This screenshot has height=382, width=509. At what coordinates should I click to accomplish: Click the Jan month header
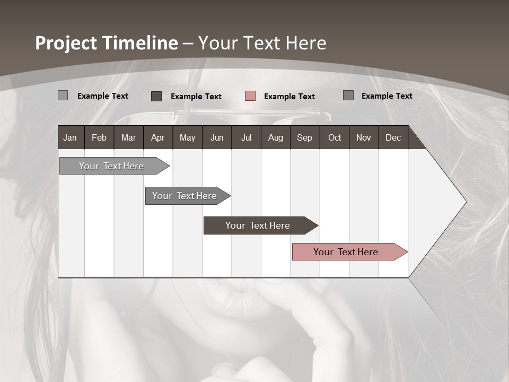(70, 137)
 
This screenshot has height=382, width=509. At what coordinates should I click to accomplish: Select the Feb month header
(99, 137)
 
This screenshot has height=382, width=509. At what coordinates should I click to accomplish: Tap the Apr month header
(158, 137)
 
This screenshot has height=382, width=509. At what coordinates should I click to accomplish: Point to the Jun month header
(217, 137)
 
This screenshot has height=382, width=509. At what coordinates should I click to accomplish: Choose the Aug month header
(276, 137)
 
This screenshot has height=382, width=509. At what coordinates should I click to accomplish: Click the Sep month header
(304, 137)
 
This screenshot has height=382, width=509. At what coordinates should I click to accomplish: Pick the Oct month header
(335, 137)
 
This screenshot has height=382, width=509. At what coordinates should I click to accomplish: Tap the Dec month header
(393, 137)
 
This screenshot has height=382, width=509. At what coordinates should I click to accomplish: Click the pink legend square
(250, 95)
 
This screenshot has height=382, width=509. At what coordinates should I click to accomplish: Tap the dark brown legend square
(156, 96)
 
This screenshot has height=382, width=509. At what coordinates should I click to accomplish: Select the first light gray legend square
(63, 95)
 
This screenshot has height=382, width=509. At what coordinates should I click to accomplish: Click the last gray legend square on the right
(348, 95)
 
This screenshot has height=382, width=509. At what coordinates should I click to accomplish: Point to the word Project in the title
(66, 43)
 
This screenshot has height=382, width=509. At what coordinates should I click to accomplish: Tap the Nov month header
(364, 137)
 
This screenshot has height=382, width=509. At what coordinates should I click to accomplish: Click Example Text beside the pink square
(289, 96)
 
